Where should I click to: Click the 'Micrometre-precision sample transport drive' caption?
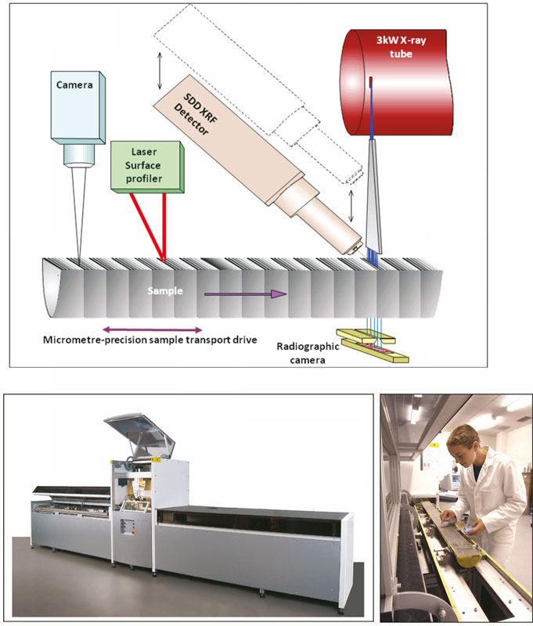149,340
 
